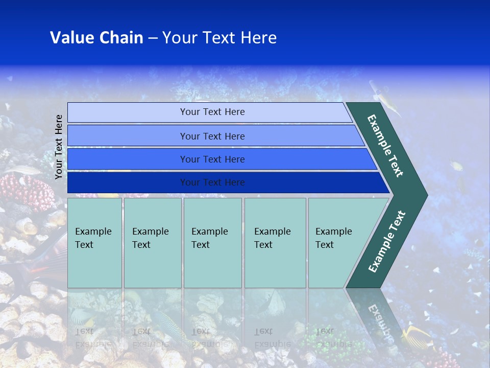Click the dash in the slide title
tap(153, 38)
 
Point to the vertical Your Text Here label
tap(59, 147)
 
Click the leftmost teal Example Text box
tap(94, 243)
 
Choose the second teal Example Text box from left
tap(153, 243)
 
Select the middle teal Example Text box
tap(212, 243)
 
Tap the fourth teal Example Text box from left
tap(275, 243)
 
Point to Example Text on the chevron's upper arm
tap(385, 146)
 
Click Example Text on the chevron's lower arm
tap(386, 242)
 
